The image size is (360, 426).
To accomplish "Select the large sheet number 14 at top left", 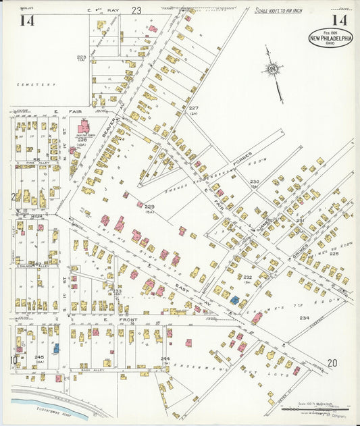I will click(27, 20).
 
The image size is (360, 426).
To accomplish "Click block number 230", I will click(255, 182).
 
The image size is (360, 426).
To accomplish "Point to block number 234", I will click(305, 317).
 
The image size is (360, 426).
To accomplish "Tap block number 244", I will click(165, 359).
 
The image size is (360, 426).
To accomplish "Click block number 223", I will click(81, 57).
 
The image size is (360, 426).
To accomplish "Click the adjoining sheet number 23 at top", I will click(136, 10).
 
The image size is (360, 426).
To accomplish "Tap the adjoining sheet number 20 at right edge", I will click(332, 363).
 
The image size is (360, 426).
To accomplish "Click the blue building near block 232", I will click(234, 299).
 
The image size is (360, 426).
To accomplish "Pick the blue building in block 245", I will click(57, 348).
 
